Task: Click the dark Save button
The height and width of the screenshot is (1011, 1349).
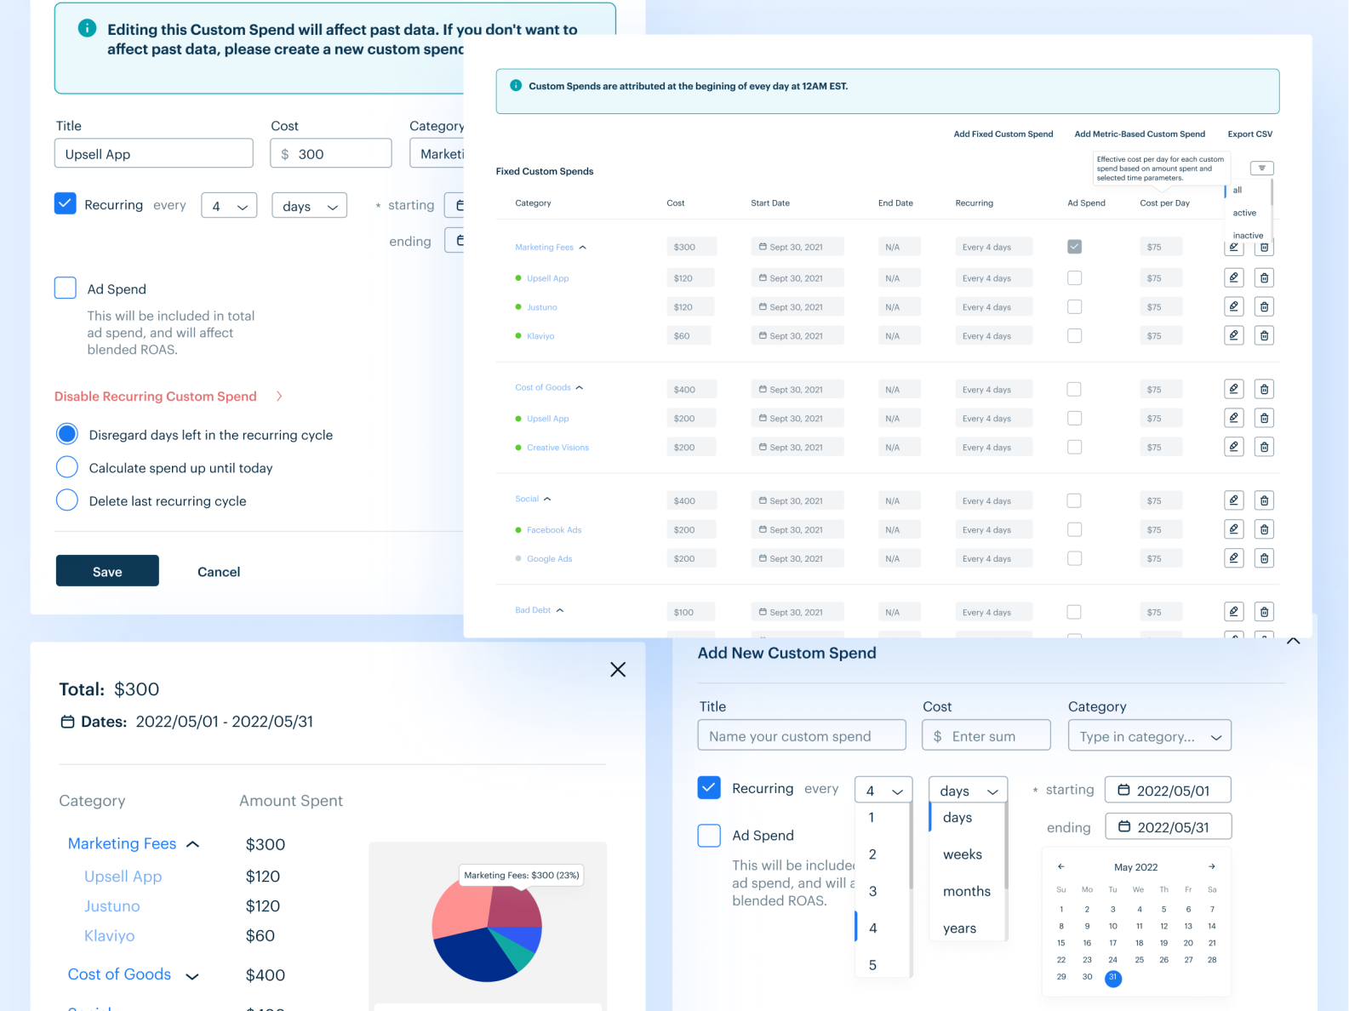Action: (107, 571)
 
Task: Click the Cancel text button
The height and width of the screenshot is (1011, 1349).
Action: (219, 572)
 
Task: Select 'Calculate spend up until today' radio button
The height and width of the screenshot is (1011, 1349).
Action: (67, 467)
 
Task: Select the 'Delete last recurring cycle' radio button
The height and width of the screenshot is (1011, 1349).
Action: (67, 500)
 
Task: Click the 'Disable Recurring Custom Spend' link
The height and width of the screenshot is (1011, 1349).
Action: (156, 397)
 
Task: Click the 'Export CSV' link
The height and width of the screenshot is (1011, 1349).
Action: (1249, 134)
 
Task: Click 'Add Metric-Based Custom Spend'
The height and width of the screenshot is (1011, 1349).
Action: (1140, 134)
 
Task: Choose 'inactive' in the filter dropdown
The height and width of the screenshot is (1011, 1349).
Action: (1248, 236)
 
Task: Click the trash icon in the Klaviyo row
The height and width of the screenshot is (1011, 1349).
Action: (1264, 335)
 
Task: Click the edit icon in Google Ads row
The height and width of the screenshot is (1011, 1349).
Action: (1233, 558)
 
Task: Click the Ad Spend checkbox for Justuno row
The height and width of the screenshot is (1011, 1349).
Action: (1074, 306)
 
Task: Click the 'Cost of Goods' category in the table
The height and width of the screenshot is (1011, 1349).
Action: (543, 387)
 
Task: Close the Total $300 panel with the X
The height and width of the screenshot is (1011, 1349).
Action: (618, 670)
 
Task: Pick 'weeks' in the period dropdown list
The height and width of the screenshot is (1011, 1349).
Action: (963, 854)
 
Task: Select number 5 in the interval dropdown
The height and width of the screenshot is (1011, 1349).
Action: (872, 965)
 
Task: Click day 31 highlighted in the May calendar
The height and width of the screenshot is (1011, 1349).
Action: (1112, 978)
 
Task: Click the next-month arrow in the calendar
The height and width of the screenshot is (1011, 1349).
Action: (1211, 866)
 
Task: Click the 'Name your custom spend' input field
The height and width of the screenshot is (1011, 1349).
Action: (801, 736)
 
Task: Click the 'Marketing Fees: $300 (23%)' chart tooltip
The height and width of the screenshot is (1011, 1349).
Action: (521, 875)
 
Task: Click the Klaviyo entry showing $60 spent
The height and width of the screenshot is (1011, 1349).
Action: (110, 936)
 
